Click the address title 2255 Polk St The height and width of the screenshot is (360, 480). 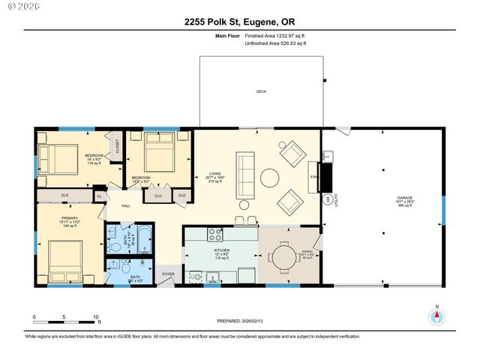point(240,22)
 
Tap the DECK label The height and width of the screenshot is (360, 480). point(261,91)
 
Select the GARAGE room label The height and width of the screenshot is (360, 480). point(384,199)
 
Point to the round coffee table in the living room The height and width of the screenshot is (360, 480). point(270,178)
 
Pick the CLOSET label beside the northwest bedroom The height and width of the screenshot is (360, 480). point(117,148)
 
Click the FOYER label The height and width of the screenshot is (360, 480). point(168,274)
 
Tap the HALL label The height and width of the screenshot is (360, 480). point(126,205)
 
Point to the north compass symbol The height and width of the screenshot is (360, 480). point(437,316)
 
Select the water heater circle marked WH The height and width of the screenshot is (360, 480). point(327,199)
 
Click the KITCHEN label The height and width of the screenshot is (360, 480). point(221,250)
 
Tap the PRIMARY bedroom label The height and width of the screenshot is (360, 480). point(69,217)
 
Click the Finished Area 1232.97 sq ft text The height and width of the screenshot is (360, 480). point(276,35)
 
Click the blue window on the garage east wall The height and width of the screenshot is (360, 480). point(443,209)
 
